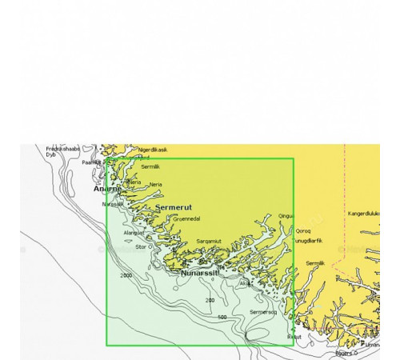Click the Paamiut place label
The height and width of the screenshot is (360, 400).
click(92, 162)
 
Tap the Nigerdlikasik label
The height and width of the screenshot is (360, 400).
click(153, 150)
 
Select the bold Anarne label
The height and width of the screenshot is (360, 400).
click(108, 189)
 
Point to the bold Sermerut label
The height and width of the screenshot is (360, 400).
click(172, 206)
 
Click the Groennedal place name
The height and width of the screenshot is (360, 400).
click(186, 218)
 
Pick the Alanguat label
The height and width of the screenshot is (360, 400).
click(134, 232)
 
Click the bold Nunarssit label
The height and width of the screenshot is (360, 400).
click(199, 273)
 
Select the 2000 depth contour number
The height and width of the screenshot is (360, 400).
click(126, 275)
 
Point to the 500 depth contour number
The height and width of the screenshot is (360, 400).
click(222, 318)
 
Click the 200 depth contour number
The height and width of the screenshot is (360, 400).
click(210, 300)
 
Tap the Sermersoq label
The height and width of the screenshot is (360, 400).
click(263, 311)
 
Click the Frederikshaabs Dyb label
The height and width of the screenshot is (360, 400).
click(62, 151)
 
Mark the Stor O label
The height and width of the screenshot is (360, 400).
click(144, 247)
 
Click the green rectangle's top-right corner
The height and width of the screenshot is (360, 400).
click(293, 158)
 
